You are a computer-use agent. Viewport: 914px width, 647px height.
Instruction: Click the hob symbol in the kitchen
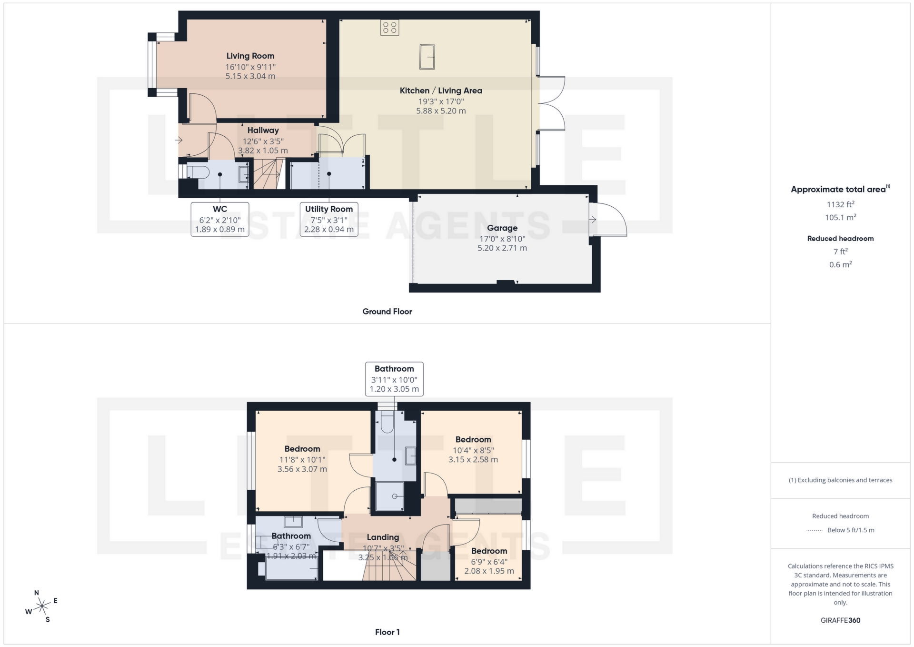(389, 28)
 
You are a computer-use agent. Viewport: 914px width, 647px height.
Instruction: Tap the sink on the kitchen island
(427, 57)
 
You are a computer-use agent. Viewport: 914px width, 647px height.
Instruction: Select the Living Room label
(250, 56)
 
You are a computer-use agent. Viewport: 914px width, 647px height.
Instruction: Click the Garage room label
(502, 228)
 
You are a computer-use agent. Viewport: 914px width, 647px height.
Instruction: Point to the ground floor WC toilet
(198, 172)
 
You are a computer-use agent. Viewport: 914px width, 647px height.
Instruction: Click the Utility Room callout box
(328, 219)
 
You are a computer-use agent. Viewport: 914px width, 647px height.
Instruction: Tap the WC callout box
(219, 219)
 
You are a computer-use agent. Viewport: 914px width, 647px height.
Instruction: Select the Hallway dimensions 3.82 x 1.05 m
(263, 151)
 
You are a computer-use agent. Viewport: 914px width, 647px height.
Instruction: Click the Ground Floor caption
(387, 311)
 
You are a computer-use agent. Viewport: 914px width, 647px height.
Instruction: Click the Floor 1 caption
(387, 632)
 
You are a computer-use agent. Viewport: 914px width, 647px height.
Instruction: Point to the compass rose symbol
(42, 606)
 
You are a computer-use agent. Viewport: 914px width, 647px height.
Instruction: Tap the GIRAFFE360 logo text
(840, 620)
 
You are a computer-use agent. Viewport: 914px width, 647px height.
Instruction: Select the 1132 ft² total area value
(840, 204)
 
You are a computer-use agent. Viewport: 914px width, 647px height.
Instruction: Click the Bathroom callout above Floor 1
(394, 379)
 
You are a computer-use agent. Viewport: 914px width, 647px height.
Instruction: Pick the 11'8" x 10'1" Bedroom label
(302, 459)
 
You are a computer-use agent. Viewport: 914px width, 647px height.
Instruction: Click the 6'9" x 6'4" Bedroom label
(489, 561)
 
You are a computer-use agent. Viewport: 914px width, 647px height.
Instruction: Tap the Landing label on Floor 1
(383, 537)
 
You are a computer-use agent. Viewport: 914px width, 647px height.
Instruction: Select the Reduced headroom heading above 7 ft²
(840, 238)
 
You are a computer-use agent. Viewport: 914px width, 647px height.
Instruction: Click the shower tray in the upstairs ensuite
(390, 496)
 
